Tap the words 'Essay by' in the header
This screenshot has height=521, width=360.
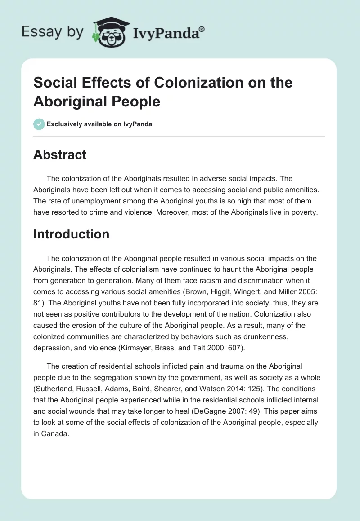pos(52,32)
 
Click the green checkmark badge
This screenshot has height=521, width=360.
pos(39,124)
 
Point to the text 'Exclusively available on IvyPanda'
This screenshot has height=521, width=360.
pos(99,124)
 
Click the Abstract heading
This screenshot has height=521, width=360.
pos(60,155)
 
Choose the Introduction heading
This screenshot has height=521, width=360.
pos(71,234)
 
